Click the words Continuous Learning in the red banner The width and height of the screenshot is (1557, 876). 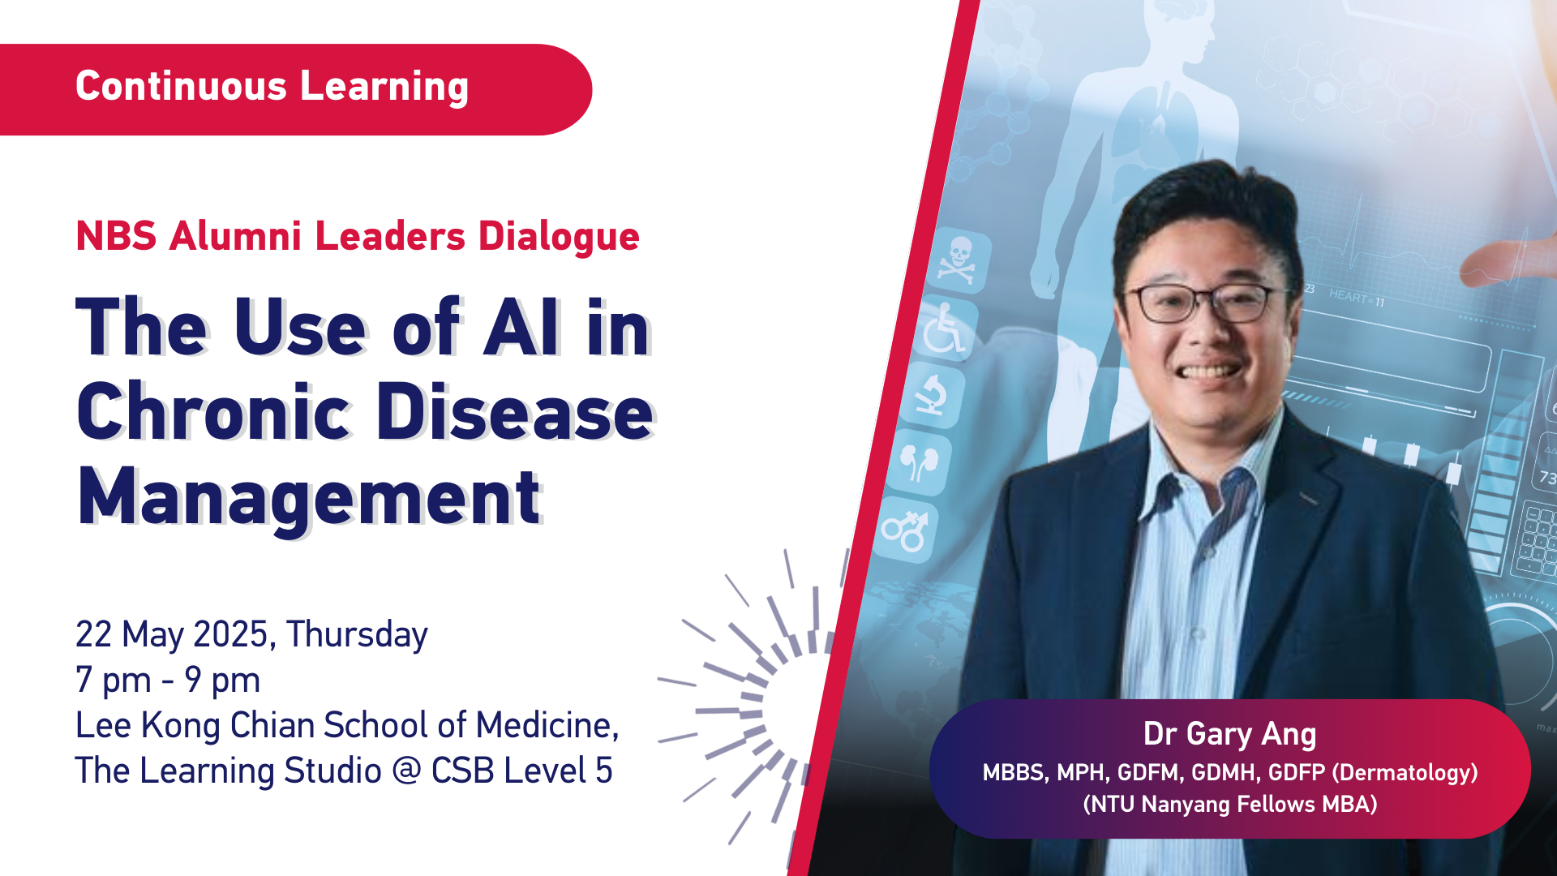(x=272, y=87)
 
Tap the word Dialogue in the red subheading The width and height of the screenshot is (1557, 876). (x=559, y=237)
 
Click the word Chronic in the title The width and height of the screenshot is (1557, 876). (x=212, y=411)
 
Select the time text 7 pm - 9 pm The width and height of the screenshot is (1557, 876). (x=168, y=681)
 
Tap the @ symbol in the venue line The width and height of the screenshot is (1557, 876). (x=406, y=771)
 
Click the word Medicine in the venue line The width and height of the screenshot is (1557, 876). (x=547, y=725)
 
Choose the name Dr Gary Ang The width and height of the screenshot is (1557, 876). (x=1229, y=734)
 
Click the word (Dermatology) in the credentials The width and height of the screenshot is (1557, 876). (x=1405, y=773)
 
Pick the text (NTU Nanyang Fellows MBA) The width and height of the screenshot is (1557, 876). (x=1230, y=805)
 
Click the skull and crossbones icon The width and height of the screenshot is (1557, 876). (x=957, y=261)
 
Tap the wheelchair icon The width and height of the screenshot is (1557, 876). (x=946, y=328)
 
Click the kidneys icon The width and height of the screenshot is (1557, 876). (x=919, y=462)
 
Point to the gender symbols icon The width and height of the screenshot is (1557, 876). (x=905, y=531)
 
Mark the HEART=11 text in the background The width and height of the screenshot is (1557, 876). (x=1357, y=298)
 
